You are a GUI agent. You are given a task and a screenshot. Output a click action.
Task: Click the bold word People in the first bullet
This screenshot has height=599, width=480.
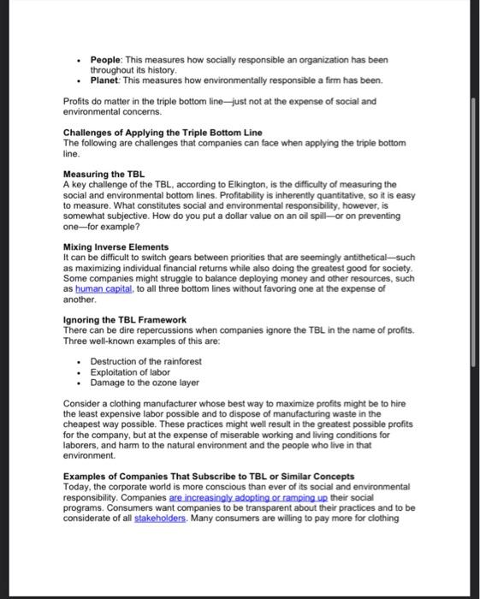pos(107,61)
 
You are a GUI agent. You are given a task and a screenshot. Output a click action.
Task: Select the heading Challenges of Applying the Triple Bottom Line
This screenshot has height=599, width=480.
pos(163,132)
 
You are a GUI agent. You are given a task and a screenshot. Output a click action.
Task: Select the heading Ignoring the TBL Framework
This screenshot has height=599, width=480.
pos(125,320)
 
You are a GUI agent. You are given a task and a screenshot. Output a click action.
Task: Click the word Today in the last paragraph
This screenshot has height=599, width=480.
pos(79,486)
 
